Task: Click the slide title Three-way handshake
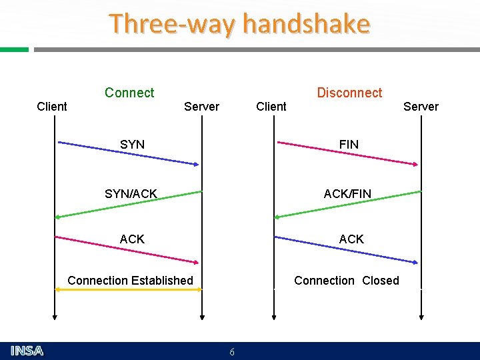tap(239, 24)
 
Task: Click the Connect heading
tap(129, 93)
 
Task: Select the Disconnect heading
tap(349, 93)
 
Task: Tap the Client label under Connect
tap(52, 107)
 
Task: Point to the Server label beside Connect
tap(201, 107)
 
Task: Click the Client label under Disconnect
tap(271, 107)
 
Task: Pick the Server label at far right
tap(421, 107)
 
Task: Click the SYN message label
tap(132, 144)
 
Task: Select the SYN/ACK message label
tap(131, 194)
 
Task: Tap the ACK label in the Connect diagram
tap(132, 239)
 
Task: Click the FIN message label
tap(349, 144)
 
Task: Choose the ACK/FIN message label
tap(347, 194)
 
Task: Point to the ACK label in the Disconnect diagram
tap(351, 239)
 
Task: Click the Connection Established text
tap(130, 281)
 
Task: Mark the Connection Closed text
tap(347, 281)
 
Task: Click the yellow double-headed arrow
tap(128, 289)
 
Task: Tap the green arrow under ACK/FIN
tap(347, 204)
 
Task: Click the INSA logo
tap(27, 351)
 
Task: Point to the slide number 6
tap(231, 352)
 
